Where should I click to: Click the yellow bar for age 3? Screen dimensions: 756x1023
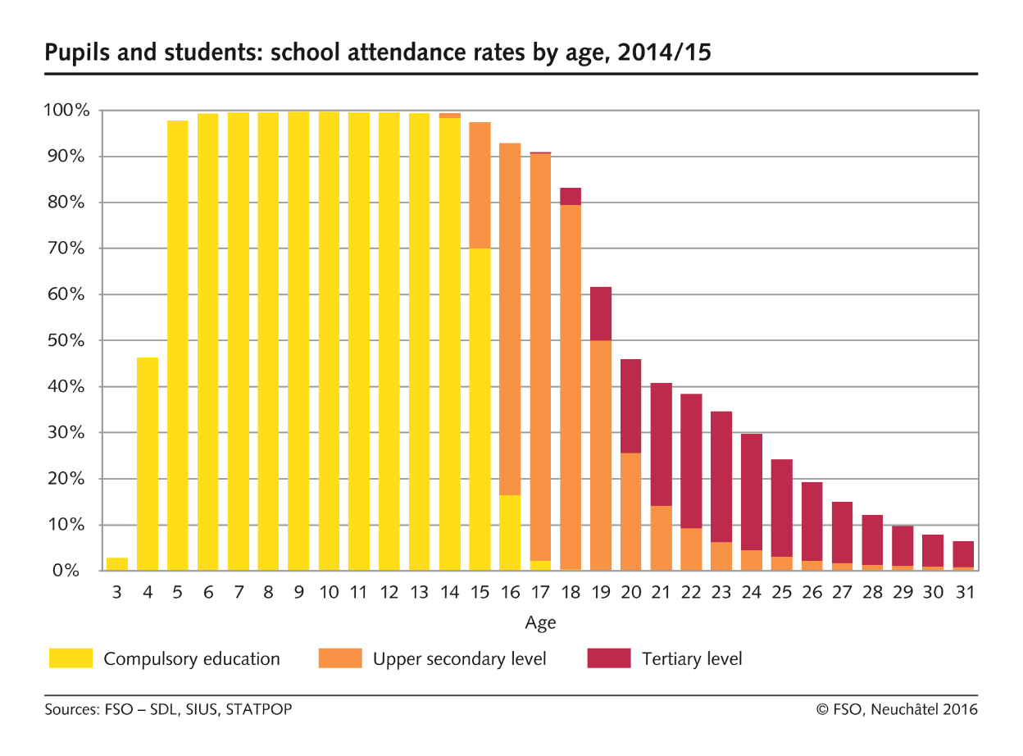click(117, 564)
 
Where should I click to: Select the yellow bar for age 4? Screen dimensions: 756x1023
click(148, 464)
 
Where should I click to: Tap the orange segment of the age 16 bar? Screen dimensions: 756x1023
click(510, 319)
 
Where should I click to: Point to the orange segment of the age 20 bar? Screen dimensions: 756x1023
click(631, 512)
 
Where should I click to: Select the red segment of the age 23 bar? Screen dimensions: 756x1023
click(721, 476)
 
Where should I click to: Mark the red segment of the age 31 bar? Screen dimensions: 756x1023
click(963, 554)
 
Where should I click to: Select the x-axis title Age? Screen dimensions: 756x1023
click(540, 623)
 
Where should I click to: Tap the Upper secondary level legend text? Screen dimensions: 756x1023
click(459, 658)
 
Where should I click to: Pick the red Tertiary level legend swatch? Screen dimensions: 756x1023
click(609, 658)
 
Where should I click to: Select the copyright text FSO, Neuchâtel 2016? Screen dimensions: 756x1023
click(905, 709)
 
